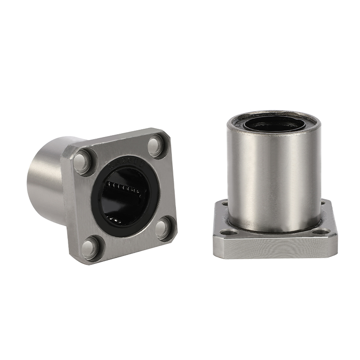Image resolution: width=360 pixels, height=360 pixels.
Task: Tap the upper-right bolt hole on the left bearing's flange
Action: tap(156, 144)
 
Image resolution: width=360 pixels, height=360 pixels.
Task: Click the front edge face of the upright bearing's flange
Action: tap(274, 247)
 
